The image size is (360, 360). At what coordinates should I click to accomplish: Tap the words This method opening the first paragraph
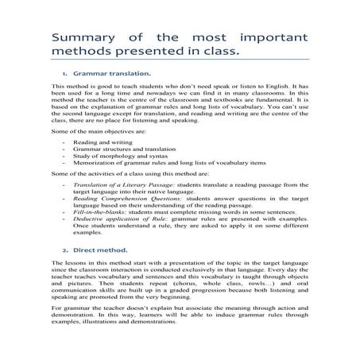click(x=68, y=85)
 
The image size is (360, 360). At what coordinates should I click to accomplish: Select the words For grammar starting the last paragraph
click(x=71, y=306)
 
